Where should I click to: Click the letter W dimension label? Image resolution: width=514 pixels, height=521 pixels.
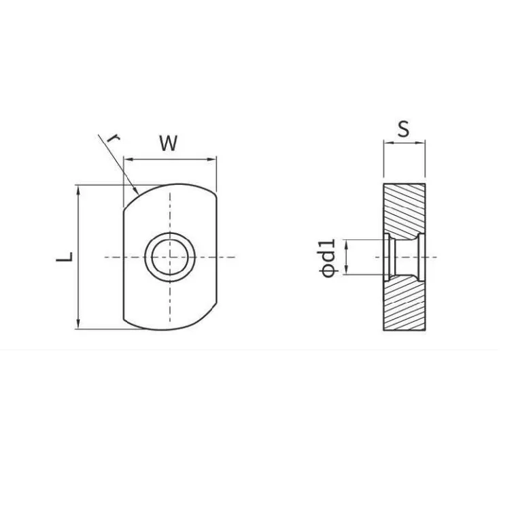[169, 144]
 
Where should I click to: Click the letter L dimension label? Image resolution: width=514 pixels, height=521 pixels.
[65, 256]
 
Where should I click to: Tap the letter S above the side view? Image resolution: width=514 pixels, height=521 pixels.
[404, 129]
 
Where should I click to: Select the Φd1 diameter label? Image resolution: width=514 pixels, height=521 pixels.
[328, 258]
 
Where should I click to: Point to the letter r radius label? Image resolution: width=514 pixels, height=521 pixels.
[114, 138]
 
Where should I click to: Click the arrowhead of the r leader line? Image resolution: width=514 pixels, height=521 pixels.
[136, 190]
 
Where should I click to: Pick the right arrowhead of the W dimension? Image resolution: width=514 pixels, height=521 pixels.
[212, 159]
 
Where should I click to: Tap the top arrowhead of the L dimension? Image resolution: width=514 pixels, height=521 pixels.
[78, 190]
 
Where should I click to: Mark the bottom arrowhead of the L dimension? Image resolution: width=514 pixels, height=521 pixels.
[78, 324]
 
